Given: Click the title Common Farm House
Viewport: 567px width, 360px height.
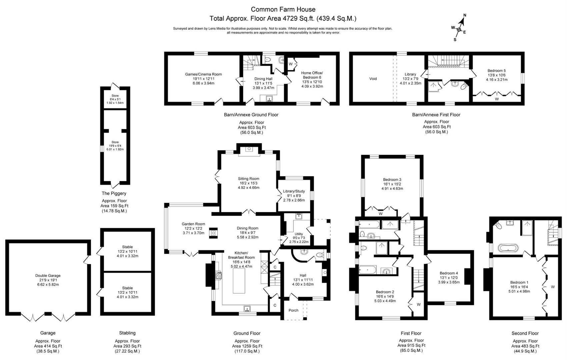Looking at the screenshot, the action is coord(283,9).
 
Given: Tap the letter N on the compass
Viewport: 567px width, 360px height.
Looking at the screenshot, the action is coord(465,15).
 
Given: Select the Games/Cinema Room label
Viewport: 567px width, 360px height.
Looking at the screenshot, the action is coord(203,74).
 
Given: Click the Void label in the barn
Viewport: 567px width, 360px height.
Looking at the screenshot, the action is coord(373,79).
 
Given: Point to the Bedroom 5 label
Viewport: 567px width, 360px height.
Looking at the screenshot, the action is coord(497,71).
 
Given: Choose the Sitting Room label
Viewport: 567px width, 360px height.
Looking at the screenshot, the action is coord(249,179).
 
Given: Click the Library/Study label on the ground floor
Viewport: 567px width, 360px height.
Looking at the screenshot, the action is coord(294,191).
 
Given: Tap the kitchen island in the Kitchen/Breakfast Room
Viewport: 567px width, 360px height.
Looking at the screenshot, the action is coord(239,281).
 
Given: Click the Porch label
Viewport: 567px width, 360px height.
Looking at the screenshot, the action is coord(293,310).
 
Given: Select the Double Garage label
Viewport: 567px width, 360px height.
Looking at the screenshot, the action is coord(48,275).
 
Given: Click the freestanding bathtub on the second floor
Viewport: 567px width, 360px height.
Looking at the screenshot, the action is coord(508,248).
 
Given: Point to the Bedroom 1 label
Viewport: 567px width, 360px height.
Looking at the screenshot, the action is coord(519,282).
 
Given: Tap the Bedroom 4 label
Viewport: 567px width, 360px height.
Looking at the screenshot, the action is coord(449,273).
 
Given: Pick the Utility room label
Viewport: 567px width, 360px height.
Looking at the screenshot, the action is coord(299,234).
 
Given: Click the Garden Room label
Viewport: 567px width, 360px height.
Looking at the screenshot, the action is coord(193,224).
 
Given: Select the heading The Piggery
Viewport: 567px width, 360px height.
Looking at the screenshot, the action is coord(114,193).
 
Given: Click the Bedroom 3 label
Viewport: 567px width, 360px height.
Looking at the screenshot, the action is coord(392,179).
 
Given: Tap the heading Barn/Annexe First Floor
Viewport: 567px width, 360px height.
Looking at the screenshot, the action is coord(436,115).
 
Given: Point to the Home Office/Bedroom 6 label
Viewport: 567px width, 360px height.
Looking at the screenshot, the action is coord(312,75).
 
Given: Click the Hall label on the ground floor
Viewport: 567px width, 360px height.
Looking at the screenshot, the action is coord(303,275).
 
